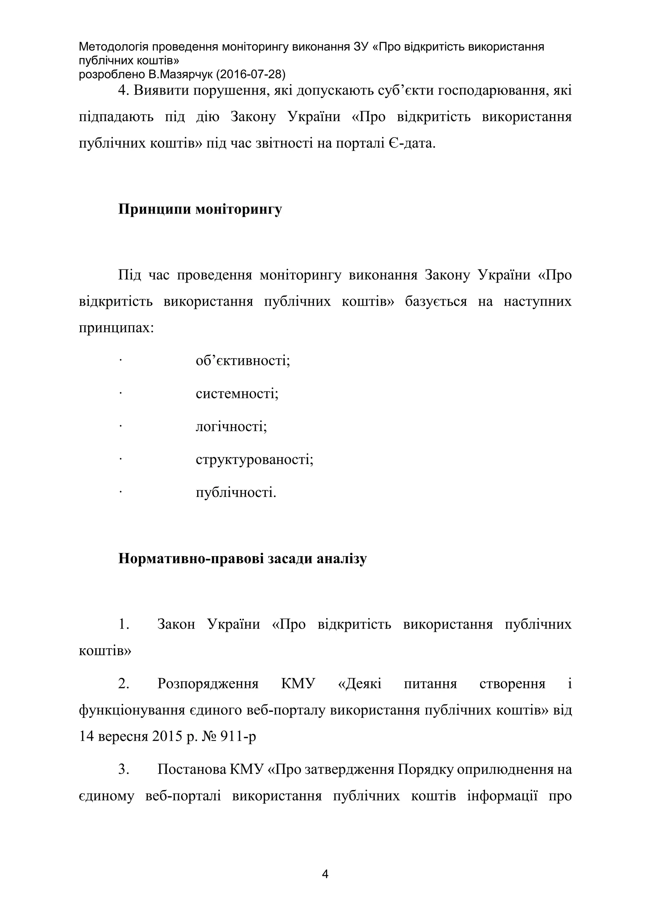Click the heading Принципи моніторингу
point(200,209)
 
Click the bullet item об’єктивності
point(243,361)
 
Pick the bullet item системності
point(237,393)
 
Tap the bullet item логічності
point(231,426)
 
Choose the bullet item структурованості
point(255,459)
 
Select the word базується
point(436,301)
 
